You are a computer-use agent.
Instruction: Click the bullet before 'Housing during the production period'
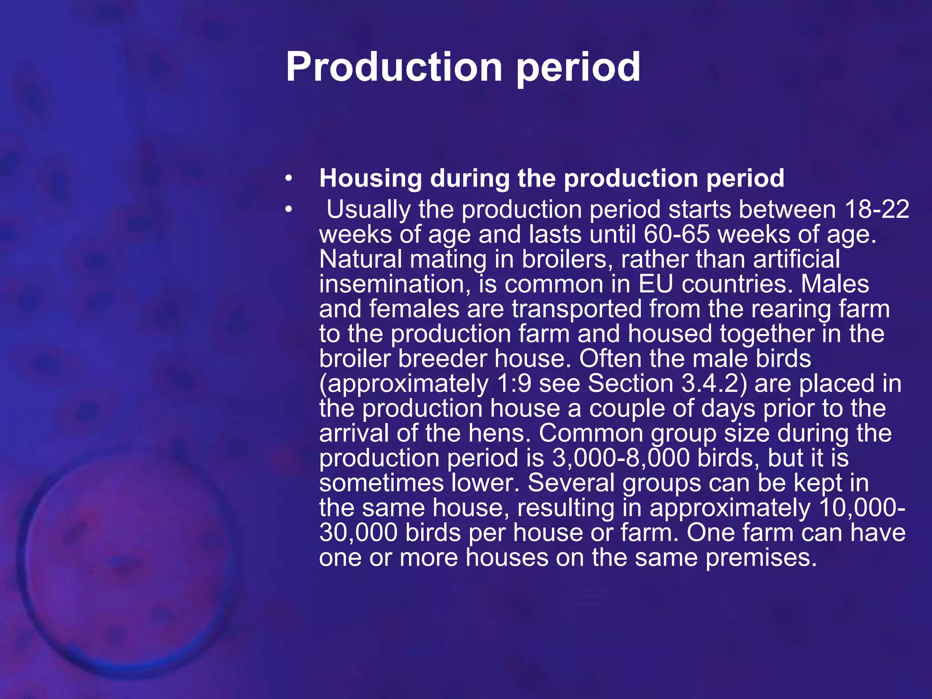[x=288, y=179]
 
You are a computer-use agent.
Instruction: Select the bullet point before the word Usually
[x=288, y=210]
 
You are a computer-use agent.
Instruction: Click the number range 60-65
[x=677, y=234]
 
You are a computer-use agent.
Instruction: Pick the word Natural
[x=360, y=259]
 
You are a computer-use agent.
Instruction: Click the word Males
[x=835, y=284]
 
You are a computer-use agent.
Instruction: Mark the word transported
[x=577, y=309]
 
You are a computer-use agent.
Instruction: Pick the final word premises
[x=760, y=557]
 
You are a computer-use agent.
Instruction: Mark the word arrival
[x=354, y=433]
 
